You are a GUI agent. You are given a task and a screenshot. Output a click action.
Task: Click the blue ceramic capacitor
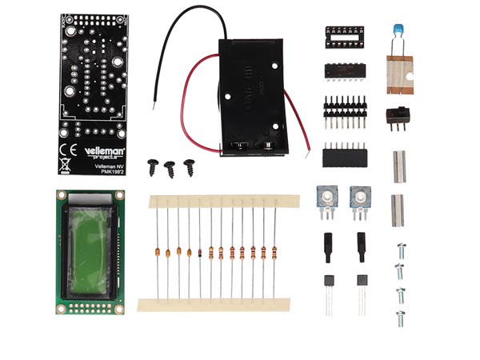[x=397, y=30]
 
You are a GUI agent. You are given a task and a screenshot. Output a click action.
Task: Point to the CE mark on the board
[x=70, y=149]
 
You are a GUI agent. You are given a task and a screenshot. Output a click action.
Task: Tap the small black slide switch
[x=396, y=115]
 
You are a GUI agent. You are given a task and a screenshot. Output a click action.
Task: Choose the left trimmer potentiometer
[x=326, y=197]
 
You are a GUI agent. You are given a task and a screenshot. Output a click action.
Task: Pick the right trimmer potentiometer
[x=362, y=197]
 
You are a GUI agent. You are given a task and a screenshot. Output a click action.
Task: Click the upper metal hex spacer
[x=398, y=166]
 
